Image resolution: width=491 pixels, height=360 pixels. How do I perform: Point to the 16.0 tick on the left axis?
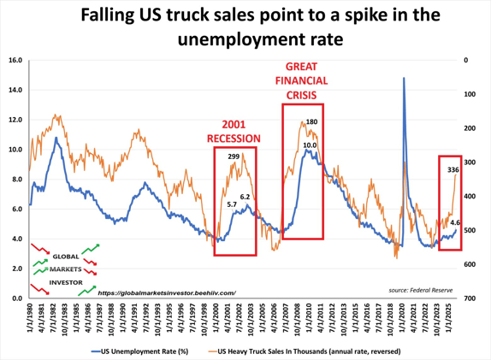[15, 61]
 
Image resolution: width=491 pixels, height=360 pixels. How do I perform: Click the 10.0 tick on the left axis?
[15, 150]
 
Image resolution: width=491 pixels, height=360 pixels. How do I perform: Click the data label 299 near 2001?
[234, 156]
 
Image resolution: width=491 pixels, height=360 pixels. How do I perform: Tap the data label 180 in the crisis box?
[311, 122]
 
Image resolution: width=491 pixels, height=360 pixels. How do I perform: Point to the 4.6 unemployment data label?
[456, 222]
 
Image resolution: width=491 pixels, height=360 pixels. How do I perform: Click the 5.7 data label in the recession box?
[232, 204]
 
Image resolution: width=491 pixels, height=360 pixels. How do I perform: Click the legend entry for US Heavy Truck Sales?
[314, 351]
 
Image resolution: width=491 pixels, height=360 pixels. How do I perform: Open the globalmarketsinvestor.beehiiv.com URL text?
[166, 292]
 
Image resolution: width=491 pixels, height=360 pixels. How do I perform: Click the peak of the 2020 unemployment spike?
[403, 79]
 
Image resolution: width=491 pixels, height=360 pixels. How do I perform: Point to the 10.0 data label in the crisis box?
[310, 145]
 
